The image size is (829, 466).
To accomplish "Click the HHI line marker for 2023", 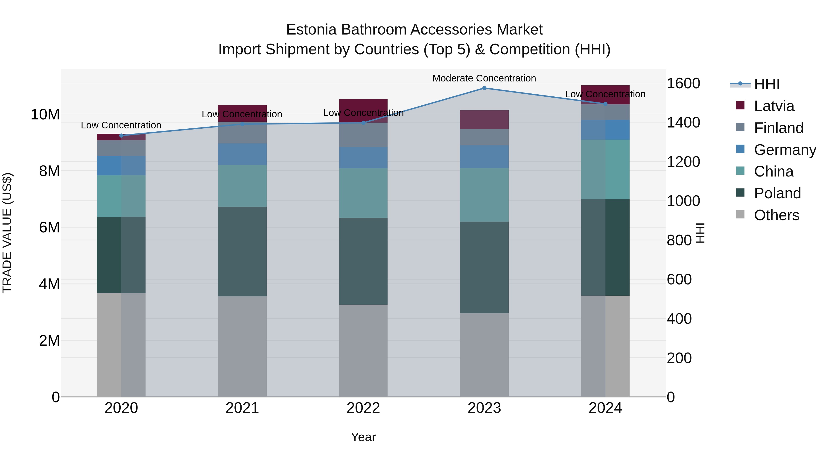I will (484, 88).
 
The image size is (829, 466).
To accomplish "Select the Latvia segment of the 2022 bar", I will (363, 111).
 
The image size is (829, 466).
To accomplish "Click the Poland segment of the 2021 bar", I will (242, 252).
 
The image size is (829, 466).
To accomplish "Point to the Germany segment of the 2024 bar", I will (605, 130).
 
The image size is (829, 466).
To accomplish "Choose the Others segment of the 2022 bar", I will (363, 350).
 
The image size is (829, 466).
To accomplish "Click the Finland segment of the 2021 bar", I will (242, 133).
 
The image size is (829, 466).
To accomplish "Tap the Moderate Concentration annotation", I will (484, 78).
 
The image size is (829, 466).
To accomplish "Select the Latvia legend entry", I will (774, 106).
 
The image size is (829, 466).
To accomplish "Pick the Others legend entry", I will (776, 215).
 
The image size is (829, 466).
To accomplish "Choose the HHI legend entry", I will (767, 84).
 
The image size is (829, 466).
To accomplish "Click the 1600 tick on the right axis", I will (683, 83).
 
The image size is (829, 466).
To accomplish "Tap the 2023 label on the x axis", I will (484, 408).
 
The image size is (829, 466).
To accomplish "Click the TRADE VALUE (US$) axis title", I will (7, 233).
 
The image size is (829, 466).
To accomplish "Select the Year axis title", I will (363, 437).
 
